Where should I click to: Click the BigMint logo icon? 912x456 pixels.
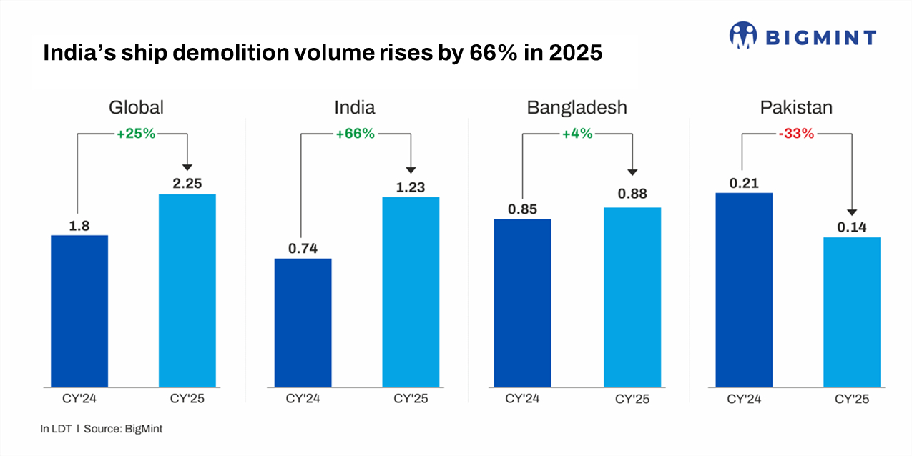743,35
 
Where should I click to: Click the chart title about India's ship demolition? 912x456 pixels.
323,54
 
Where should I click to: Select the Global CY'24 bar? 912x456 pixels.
79,311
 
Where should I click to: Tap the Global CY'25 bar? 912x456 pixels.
187,290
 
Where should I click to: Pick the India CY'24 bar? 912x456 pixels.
303,322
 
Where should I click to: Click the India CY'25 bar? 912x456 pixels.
411,292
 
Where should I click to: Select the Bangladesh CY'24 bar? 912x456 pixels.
522,303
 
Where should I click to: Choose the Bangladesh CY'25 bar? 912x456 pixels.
632,297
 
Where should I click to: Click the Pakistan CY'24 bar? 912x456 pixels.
744,289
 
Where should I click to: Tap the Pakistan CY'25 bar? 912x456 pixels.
851,312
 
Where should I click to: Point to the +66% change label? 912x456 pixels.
356,134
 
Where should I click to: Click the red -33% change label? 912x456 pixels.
796,134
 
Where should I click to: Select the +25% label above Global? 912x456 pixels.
136,134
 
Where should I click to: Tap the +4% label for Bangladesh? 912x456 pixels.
577,134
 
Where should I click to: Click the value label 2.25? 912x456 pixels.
187,183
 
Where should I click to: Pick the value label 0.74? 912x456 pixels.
303,248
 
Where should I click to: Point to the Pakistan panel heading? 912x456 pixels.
796,108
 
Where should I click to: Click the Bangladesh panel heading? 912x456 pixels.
577,108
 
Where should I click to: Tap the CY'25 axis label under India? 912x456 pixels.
411,399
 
